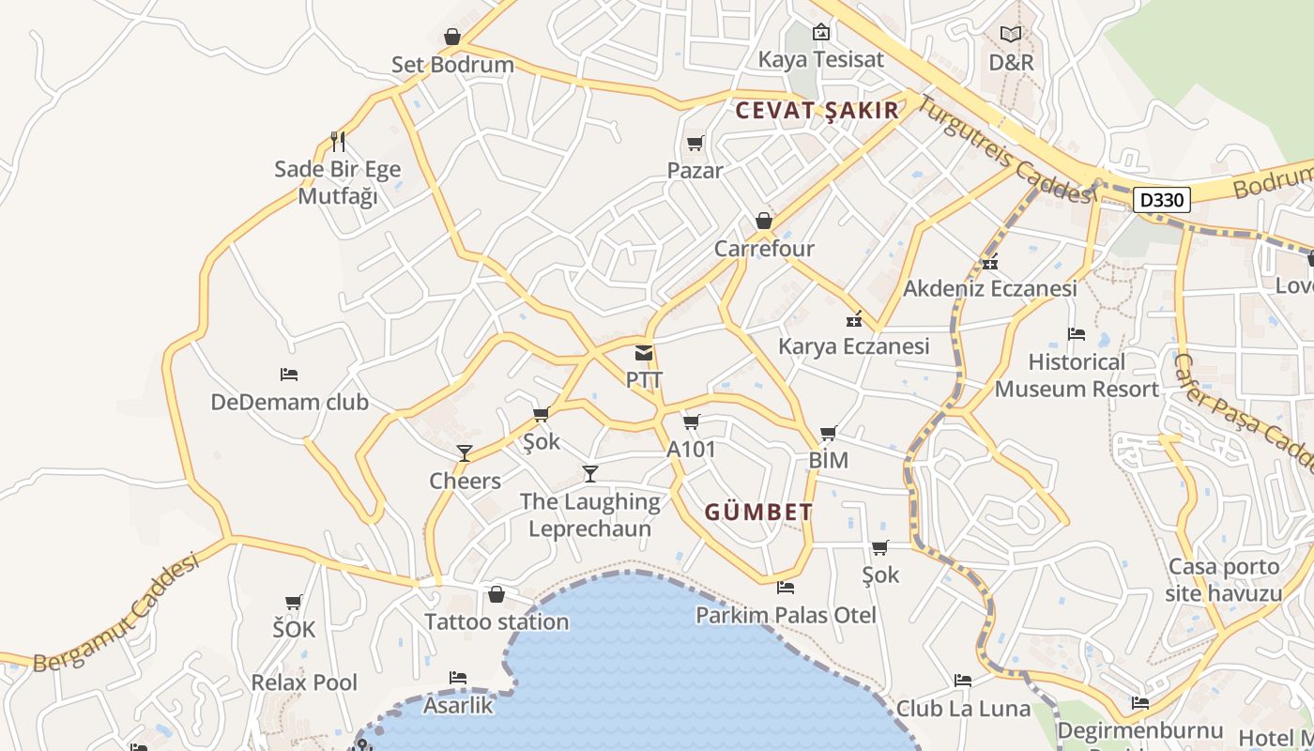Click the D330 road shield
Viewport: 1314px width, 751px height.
tap(1162, 200)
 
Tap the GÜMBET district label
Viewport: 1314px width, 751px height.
tap(758, 513)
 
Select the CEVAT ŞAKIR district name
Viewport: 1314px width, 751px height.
tap(817, 111)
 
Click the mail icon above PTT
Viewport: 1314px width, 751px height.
tap(644, 354)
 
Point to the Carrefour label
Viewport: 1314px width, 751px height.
tap(764, 249)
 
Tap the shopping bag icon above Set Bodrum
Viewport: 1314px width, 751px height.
tap(452, 38)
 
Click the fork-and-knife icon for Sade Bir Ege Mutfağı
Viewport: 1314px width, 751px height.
tap(338, 142)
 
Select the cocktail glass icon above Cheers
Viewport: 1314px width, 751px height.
tap(465, 453)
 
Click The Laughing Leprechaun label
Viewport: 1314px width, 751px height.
tap(589, 514)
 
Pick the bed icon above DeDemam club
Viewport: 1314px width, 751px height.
tap(289, 375)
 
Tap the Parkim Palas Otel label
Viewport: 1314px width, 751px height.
tap(786, 615)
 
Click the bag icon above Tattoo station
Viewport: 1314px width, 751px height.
tap(497, 594)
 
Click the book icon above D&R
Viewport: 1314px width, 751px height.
tap(1011, 35)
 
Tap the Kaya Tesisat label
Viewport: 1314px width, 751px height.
tap(821, 59)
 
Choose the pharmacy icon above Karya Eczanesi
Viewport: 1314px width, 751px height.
tap(854, 319)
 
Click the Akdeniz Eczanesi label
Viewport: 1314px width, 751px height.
tap(990, 288)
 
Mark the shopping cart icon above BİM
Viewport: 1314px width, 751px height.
tap(828, 434)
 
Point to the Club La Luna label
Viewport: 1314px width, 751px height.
tap(963, 708)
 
